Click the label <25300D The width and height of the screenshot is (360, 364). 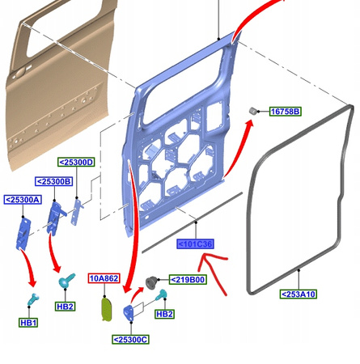point(76,163)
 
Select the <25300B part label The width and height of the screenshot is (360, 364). point(54,181)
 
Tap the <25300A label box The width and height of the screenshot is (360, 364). point(23,200)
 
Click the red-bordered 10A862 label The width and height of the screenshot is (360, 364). point(104,278)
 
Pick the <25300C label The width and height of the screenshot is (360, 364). point(130,340)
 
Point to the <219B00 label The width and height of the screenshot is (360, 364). point(188,280)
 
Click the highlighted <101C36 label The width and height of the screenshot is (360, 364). point(196,244)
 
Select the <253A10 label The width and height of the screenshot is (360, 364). point(299,294)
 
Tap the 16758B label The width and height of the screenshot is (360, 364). point(286,112)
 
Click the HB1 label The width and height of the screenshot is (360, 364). point(28,323)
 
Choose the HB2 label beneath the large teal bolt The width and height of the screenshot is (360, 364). point(65,307)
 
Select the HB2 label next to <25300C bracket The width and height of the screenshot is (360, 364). point(164,314)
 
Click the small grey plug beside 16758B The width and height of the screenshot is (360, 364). point(252,111)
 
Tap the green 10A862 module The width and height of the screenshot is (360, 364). point(107,309)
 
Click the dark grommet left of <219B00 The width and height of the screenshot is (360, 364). point(150,282)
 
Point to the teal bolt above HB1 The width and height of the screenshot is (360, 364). point(33,298)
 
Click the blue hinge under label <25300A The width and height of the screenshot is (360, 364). point(23,233)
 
